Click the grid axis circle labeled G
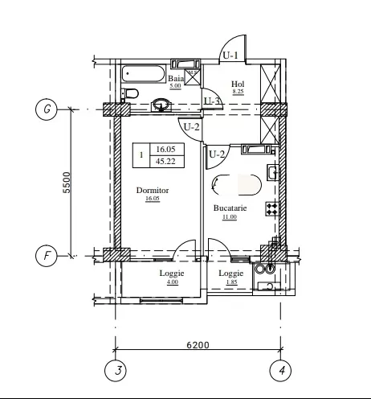coord(47,109)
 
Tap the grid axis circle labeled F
coord(47,256)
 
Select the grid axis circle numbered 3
coord(116,371)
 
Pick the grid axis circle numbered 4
coord(280,371)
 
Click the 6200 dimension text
coord(198,344)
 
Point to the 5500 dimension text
coord(67,183)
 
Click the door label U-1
coord(230,56)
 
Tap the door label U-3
coord(212,101)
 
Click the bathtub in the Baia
coord(144,73)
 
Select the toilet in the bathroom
coord(130,93)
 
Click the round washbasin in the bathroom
coord(161,104)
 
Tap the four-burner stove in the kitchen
coord(272,209)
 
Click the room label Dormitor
coord(153,190)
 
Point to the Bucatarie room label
coord(230,208)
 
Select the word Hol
coord(238,84)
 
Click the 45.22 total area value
coord(165,162)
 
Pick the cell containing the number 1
coord(141,155)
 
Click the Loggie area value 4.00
coord(173,282)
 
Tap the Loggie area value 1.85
coord(231,282)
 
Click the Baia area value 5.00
coord(175,86)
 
